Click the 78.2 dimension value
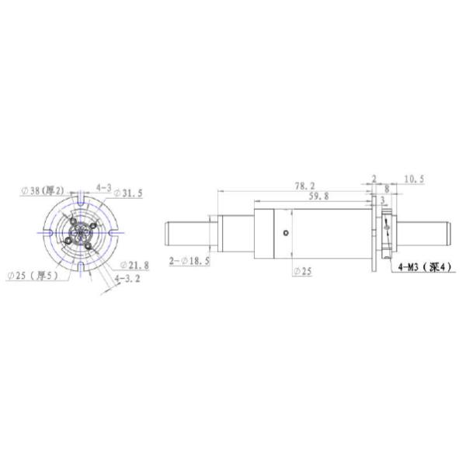point(304,186)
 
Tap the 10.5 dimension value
point(414,179)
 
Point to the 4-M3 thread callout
point(424,269)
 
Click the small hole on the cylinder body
point(287,234)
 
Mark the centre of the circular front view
point(82,233)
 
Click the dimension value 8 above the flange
point(387,189)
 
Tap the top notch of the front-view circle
point(82,201)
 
